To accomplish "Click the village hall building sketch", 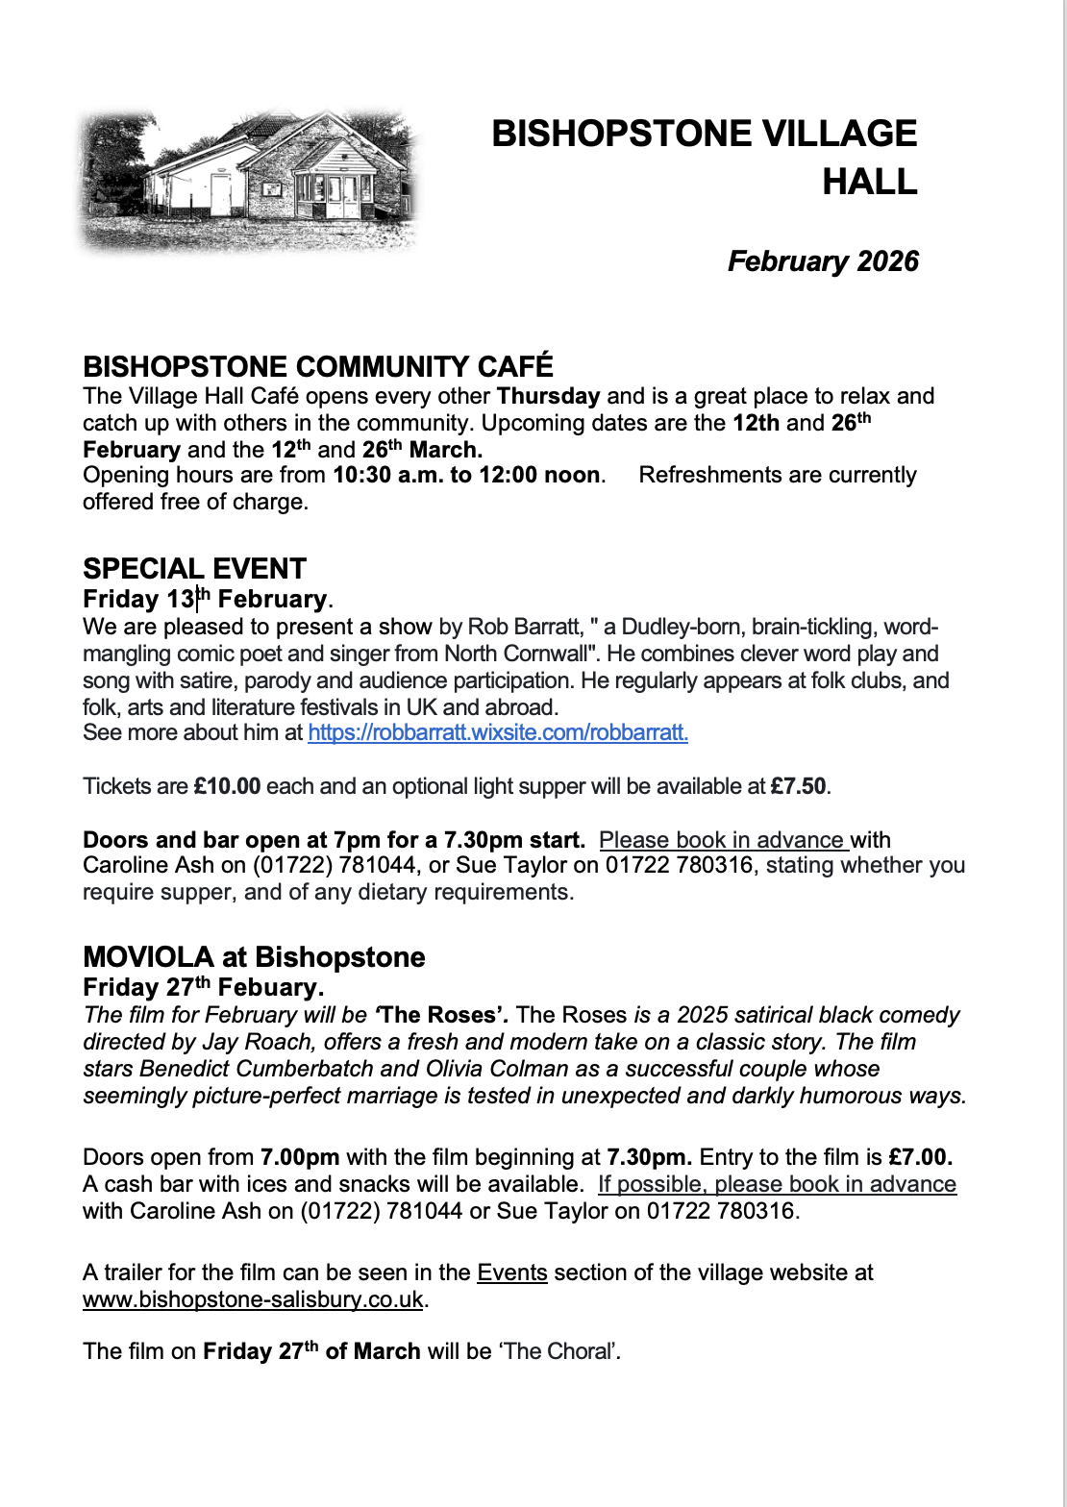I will point(250,181).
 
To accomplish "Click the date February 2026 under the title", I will point(823,261).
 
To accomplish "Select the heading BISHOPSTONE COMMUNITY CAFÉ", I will point(318,366).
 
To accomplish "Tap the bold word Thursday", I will point(548,396).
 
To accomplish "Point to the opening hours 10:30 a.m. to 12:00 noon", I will point(466,475).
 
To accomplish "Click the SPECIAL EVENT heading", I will point(194,568).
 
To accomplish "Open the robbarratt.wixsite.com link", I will point(497,732).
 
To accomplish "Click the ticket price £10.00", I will point(227,786).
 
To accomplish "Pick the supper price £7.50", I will point(798,786).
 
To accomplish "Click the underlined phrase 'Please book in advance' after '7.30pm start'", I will point(722,840).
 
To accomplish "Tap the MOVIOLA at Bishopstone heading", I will point(254,957).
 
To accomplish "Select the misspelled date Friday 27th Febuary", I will point(203,987).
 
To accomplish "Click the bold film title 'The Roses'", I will point(441,1015).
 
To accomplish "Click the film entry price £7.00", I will point(920,1157).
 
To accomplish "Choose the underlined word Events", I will point(511,1272).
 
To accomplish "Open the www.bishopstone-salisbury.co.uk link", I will point(253,1299).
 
